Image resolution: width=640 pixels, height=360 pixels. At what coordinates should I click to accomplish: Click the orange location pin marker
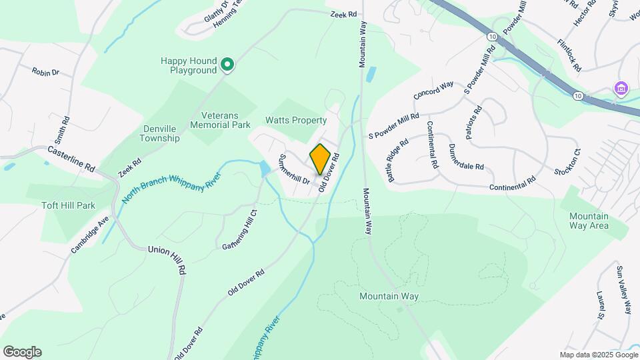[320, 159]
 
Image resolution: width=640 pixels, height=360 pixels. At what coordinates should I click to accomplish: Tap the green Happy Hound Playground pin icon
[227, 65]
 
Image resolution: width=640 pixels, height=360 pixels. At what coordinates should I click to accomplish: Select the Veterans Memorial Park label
[220, 120]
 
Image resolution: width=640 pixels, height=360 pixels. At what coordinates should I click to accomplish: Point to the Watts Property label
[296, 121]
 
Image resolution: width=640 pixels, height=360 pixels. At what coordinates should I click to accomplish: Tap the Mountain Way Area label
[589, 221]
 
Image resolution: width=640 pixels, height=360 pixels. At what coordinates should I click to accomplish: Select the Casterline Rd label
[71, 160]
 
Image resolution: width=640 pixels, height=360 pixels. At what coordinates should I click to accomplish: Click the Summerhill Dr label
[293, 169]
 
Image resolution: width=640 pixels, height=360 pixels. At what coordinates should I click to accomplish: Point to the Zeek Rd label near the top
[343, 14]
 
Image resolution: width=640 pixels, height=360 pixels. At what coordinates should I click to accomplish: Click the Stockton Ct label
[567, 161]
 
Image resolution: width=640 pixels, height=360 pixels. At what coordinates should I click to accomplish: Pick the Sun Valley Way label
[623, 289]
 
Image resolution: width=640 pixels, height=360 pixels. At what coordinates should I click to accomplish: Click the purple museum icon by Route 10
[621, 88]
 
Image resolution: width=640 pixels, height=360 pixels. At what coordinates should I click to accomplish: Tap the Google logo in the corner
[22, 352]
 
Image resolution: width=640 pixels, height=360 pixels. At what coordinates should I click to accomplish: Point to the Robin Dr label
[45, 71]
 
